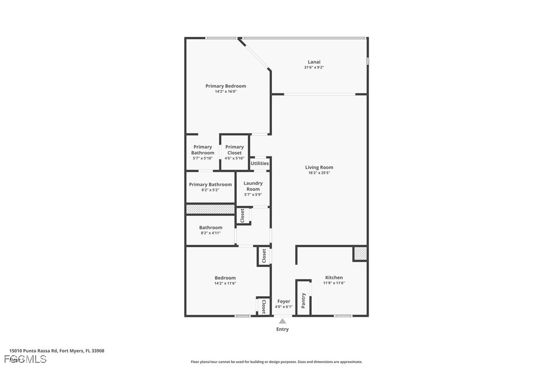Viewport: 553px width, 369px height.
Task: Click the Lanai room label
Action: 314,62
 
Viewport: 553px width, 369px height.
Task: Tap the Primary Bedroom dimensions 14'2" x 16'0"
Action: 226,92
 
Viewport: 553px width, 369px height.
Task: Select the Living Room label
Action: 319,167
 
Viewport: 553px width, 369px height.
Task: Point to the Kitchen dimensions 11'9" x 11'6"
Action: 334,283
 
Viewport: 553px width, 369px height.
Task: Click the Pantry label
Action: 303,300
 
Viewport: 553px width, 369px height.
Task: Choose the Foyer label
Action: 284,301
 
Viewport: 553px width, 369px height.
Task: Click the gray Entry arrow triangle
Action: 283,321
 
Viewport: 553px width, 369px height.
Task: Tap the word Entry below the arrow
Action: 283,329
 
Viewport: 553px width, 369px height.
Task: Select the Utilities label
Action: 260,164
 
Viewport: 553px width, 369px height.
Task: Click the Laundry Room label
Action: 253,186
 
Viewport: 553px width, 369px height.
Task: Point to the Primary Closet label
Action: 234,150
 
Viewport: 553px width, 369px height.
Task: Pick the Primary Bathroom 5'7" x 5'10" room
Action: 203,152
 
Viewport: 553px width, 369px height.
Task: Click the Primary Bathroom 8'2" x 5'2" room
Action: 210,187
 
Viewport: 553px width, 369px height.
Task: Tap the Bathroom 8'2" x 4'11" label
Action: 211,230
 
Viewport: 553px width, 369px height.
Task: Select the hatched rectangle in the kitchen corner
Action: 360,253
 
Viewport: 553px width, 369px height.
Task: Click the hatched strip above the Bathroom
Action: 210,209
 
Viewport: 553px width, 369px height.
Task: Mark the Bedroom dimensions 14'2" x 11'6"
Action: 225,283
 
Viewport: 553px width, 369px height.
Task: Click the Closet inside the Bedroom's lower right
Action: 263,306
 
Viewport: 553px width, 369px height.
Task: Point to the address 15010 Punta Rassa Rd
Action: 57,351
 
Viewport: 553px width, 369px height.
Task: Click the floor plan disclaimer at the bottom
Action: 276,362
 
